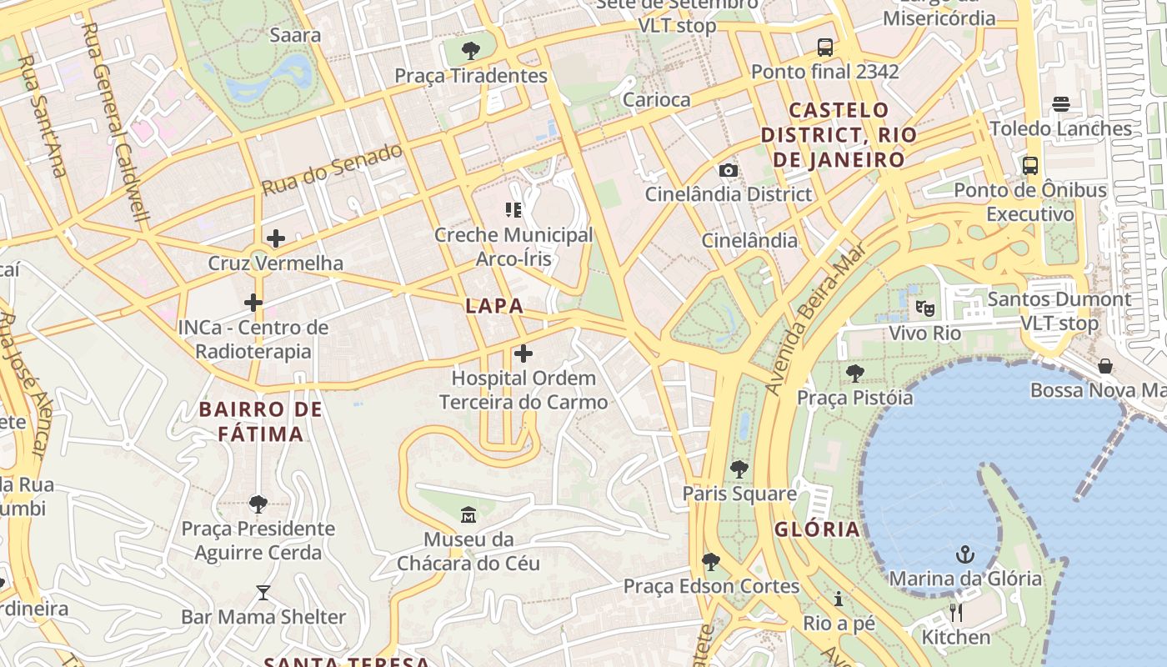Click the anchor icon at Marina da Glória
[x=965, y=554]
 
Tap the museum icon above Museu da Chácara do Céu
[x=468, y=515]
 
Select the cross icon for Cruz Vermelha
[x=276, y=238]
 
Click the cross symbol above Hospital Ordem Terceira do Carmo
[x=523, y=354]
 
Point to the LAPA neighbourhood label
[x=495, y=306]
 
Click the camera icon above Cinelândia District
[x=728, y=170]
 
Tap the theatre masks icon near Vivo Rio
[x=925, y=308]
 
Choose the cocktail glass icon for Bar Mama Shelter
[x=263, y=593]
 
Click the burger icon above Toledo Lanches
[x=1060, y=104]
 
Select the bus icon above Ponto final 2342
[x=825, y=47]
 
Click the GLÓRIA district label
[x=817, y=529]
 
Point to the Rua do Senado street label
[x=333, y=169]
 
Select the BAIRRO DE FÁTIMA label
[x=261, y=421]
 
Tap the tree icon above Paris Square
[x=739, y=469]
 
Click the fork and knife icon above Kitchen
[x=956, y=613]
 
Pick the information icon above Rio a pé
[x=839, y=599]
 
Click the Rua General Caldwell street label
[x=116, y=123]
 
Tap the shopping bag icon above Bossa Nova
[x=1105, y=366]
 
